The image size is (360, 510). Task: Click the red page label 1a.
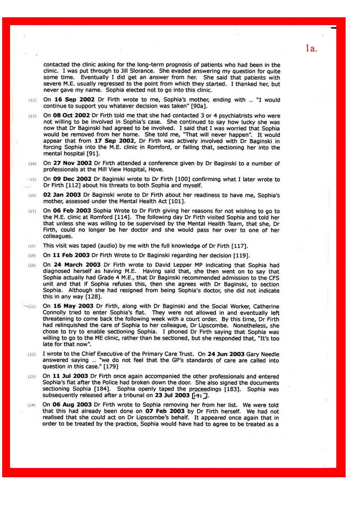click(x=311, y=48)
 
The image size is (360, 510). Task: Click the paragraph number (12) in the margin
click(x=32, y=100)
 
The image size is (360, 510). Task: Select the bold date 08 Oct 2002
click(x=71, y=115)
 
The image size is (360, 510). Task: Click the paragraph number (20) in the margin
click(x=32, y=265)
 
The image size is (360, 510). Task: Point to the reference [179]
click(x=111, y=367)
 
